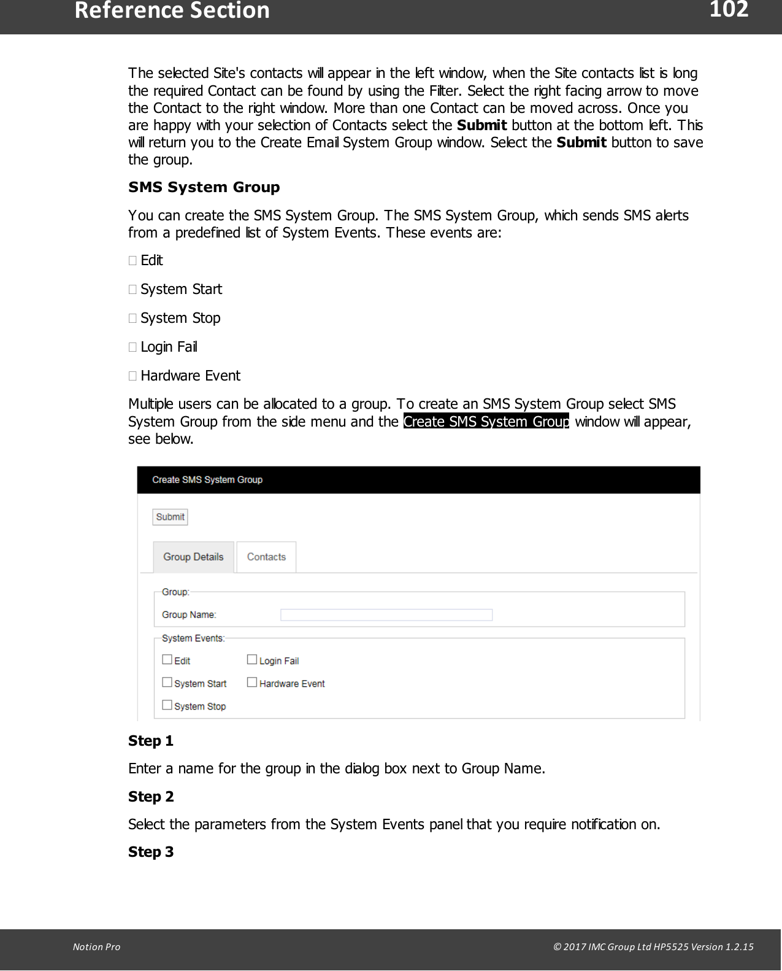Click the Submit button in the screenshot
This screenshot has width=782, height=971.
click(170, 517)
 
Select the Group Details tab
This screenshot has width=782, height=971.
click(193, 557)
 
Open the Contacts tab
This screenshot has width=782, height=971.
click(266, 557)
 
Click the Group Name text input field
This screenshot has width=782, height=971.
click(386, 615)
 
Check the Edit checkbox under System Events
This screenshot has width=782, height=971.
click(167, 660)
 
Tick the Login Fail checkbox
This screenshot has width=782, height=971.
click(252, 660)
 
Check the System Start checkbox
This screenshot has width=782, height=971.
click(167, 683)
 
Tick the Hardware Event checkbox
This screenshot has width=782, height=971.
click(252, 683)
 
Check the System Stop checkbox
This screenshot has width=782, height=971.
click(167, 705)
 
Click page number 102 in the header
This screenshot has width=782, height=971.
click(729, 10)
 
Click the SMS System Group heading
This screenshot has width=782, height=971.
click(204, 187)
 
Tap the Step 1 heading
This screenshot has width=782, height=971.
click(151, 741)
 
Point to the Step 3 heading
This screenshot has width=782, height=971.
click(151, 852)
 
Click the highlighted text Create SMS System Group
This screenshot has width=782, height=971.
click(486, 422)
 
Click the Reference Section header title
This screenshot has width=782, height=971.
click(172, 11)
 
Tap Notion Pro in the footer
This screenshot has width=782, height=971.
click(96, 946)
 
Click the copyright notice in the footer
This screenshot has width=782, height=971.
click(653, 946)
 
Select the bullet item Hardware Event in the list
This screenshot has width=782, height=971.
click(190, 376)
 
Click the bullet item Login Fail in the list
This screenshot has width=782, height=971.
click(169, 347)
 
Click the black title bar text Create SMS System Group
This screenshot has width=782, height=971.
click(207, 480)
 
